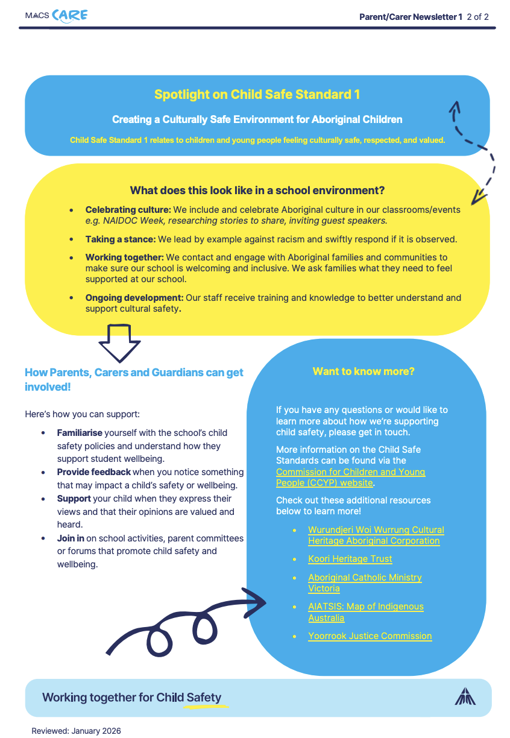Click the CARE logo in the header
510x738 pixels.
point(70,16)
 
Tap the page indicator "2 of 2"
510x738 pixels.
point(477,17)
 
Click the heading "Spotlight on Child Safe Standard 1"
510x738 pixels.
point(257,95)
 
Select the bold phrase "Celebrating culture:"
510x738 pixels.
point(128,210)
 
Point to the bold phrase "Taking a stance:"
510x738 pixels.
point(121,239)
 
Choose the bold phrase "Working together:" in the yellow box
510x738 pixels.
point(125,257)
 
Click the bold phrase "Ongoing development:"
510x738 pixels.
point(134,298)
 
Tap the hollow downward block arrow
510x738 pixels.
point(119,343)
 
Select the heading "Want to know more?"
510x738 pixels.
point(364,371)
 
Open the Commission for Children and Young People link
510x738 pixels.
point(350,478)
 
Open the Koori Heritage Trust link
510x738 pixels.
point(350,559)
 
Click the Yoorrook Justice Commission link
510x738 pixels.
point(370,636)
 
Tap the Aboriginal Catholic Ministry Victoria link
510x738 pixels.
point(365,583)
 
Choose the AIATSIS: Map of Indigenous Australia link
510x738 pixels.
point(366,612)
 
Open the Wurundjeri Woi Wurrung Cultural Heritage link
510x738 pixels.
point(376,535)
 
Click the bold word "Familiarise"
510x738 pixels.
point(80,433)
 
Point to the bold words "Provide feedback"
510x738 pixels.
point(94,472)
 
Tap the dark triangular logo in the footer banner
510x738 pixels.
point(465,696)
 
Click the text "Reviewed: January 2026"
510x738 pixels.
point(76,731)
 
